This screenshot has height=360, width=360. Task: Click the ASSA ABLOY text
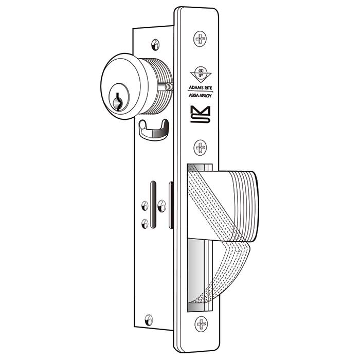[200, 95]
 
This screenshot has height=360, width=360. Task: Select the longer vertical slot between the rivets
[153, 206]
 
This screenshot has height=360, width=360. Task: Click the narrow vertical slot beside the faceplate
[171, 206]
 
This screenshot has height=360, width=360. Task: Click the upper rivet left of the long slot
[145, 206]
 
